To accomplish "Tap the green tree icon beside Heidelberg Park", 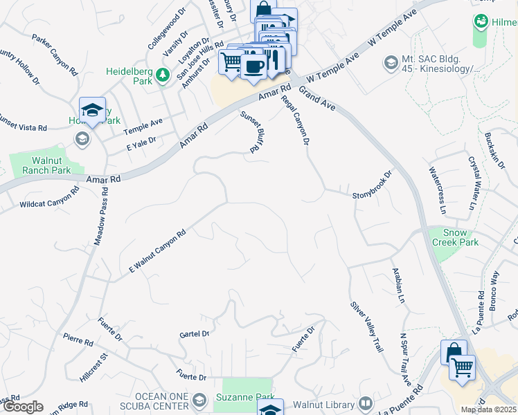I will (163, 75).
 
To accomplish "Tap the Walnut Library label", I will (326, 403).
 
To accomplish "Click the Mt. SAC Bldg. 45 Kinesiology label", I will (443, 64).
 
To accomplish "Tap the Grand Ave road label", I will (318, 99).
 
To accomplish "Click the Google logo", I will (22, 407).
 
